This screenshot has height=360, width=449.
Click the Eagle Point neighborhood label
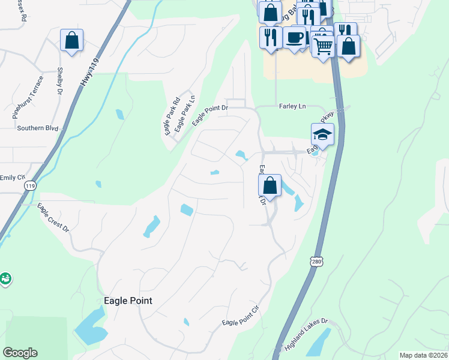click(128, 301)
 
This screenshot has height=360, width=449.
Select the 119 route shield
click(30, 187)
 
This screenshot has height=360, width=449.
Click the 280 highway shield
click(317, 261)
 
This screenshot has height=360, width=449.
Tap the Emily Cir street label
click(13, 177)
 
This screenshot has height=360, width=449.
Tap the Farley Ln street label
click(292, 106)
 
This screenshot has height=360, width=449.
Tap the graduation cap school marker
click(322, 134)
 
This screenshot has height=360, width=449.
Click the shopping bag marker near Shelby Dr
click(71, 40)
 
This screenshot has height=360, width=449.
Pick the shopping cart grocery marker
click(323, 45)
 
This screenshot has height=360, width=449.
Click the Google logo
click(20, 353)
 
